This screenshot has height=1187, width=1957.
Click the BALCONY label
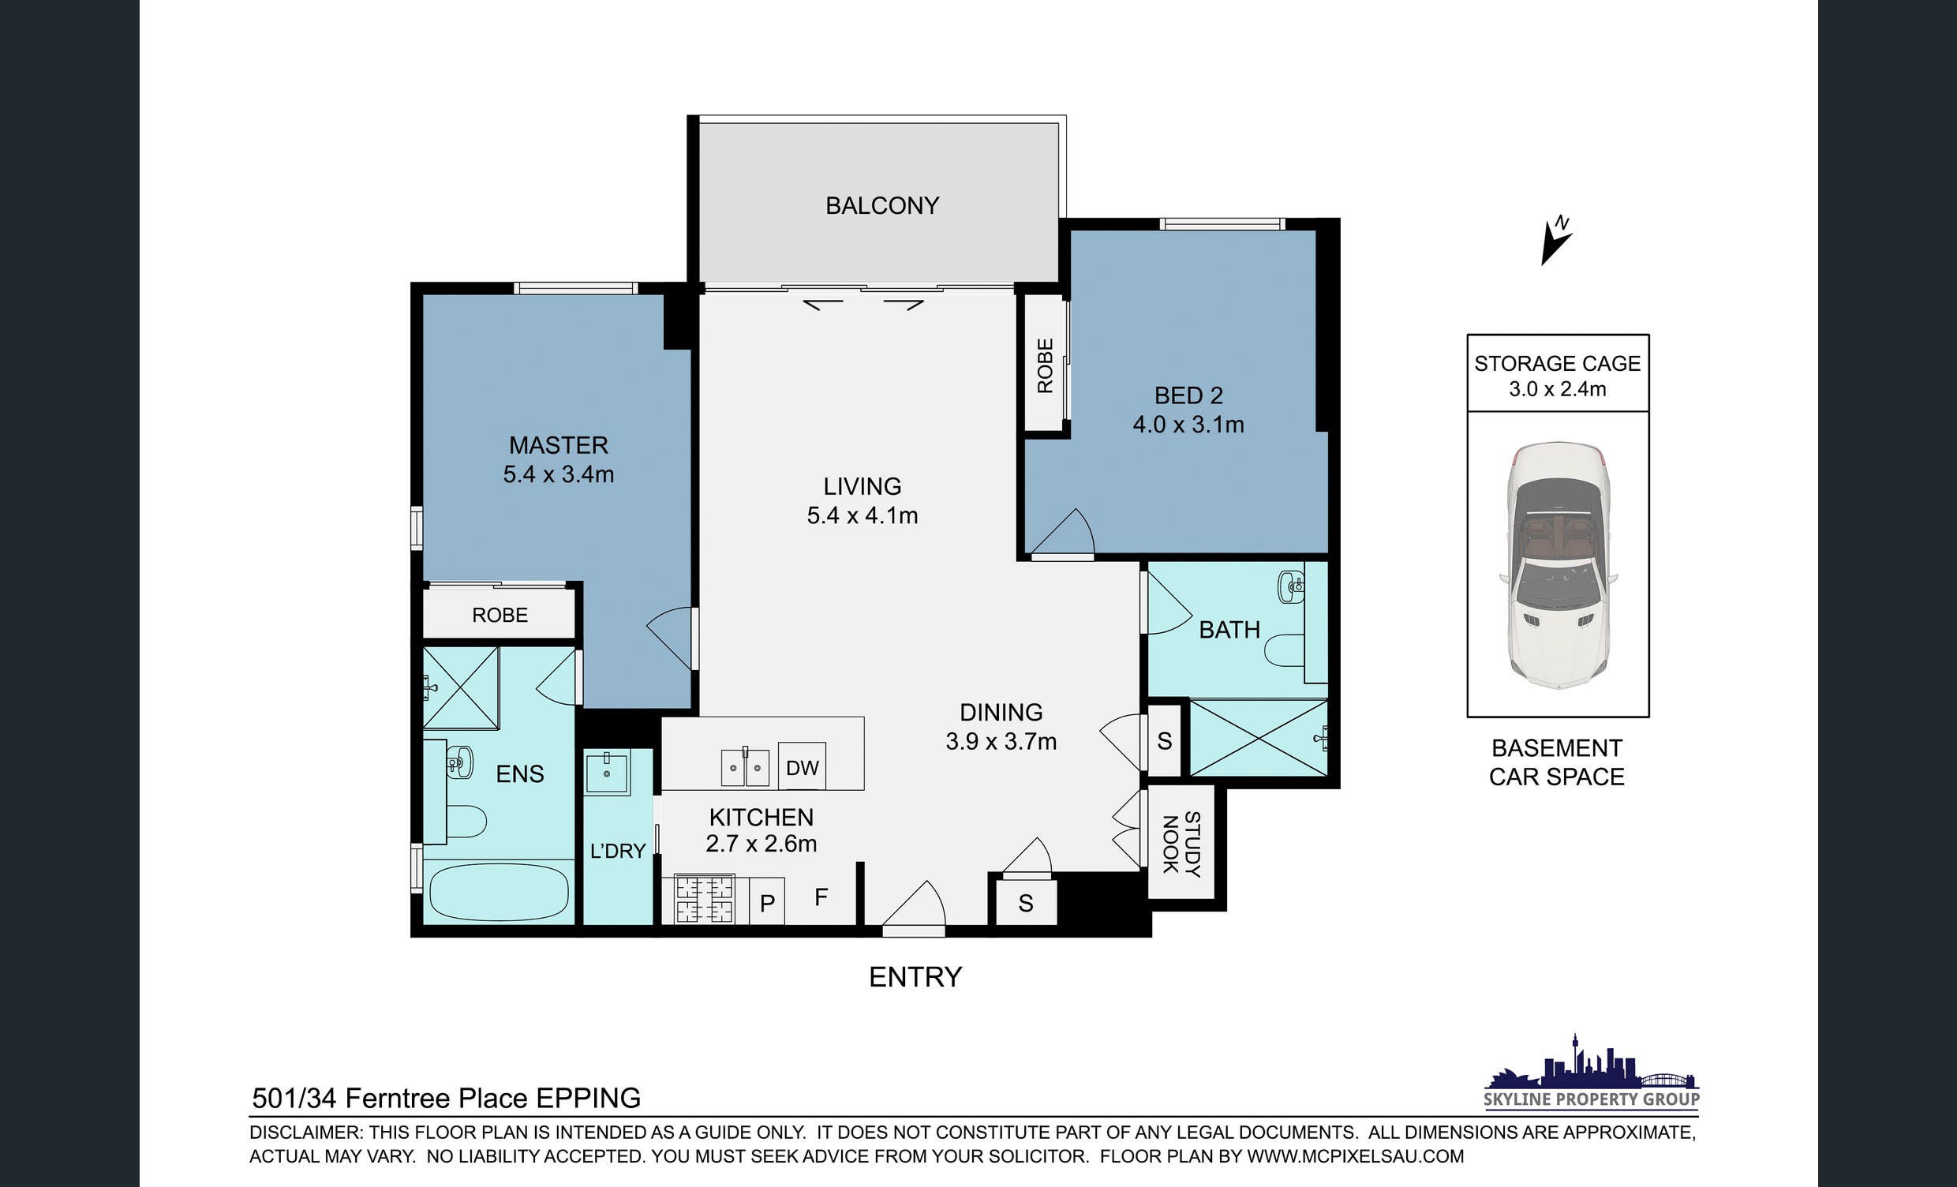point(881,206)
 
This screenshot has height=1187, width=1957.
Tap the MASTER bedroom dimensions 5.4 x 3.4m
point(559,474)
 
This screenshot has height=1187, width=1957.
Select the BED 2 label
point(1188,395)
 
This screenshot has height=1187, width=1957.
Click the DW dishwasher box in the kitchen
point(803,766)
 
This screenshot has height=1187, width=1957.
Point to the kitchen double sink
point(745,767)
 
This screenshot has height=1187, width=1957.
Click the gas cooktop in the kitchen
point(705,899)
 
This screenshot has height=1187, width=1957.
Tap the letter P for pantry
point(767,904)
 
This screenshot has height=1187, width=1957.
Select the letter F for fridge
point(821,897)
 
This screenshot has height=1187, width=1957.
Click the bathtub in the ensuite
point(499,893)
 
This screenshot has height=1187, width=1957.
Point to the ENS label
point(519,774)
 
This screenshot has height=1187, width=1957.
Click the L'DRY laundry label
point(617,851)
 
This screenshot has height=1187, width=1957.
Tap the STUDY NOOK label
point(1181,843)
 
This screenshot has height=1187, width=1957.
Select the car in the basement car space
point(1558,564)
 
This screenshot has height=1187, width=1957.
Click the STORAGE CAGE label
point(1558,363)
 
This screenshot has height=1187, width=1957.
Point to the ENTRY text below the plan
point(915,976)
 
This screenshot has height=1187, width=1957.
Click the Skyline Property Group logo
point(1592,1073)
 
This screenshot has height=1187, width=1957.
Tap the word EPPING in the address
point(589,1098)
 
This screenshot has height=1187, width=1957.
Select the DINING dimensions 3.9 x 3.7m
point(1001,741)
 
